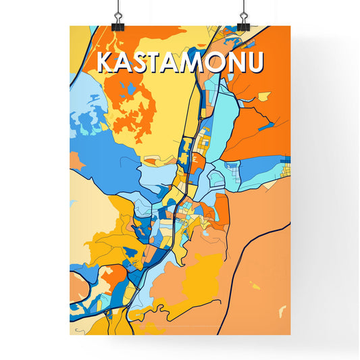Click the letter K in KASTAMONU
click(105, 62)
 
